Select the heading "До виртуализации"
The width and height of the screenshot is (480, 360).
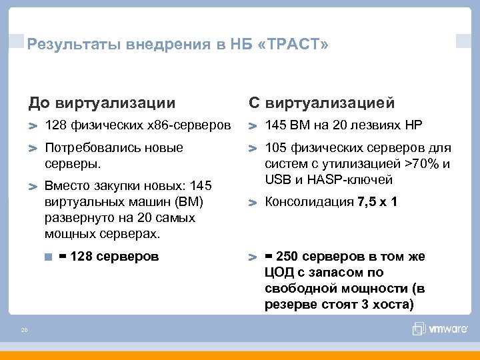tap(102, 103)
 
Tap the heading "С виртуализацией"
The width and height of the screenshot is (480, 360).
tap(321, 103)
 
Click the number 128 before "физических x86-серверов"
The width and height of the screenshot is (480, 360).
tap(55, 125)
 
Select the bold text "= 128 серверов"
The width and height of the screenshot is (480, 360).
tap(109, 255)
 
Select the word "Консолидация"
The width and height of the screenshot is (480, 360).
tap(309, 201)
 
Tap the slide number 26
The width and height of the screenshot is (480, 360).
tap(24, 329)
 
